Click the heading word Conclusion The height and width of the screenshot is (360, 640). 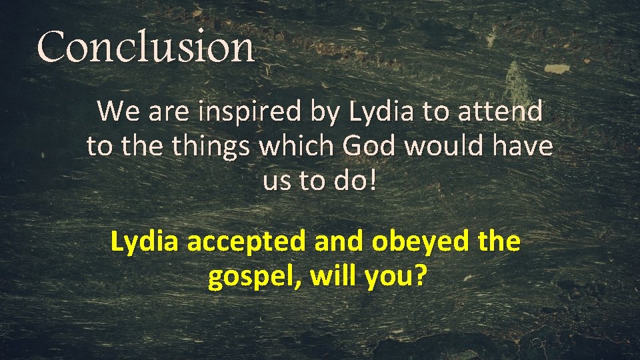coord(146,47)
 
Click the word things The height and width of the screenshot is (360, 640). coord(210,146)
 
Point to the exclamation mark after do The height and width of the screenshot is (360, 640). coord(372,181)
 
